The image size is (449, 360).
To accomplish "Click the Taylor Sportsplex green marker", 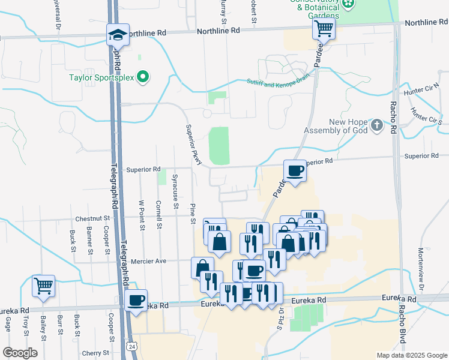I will tap(143, 77).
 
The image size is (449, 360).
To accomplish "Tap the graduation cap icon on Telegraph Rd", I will tap(118, 35).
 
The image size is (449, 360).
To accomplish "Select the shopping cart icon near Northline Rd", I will tap(324, 28).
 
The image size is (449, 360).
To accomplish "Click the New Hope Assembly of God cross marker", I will tap(376, 125).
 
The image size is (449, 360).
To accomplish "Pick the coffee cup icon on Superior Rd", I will tap(295, 170).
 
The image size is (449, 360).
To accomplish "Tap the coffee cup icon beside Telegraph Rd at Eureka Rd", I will tap(136, 299).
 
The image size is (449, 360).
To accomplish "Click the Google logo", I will tap(20, 353).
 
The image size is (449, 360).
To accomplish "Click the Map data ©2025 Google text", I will tap(411, 355).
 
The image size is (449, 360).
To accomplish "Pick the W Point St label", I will tap(142, 215).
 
